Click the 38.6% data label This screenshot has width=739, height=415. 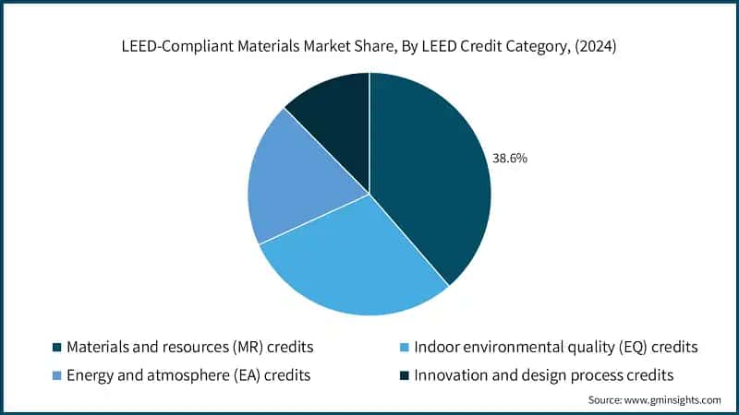coord(510,159)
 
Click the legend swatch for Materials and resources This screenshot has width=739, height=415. coord(56,348)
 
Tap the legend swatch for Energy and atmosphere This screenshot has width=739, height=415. coord(56,375)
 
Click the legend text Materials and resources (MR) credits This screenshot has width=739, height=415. coord(190,348)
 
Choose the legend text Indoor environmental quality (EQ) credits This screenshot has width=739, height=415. coord(555,348)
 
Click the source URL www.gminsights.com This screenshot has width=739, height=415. coord(672,400)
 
